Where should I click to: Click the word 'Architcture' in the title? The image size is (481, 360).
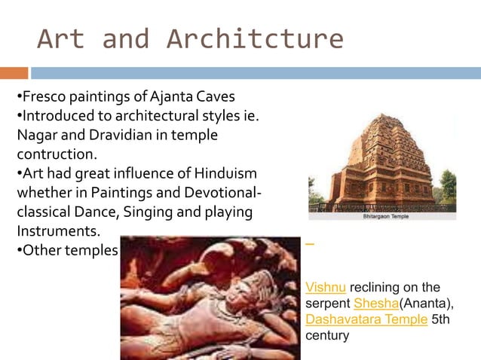click(255, 38)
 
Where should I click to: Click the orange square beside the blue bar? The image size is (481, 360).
click(14, 73)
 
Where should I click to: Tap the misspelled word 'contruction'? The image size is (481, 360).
click(57, 154)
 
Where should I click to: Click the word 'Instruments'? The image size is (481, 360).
click(58, 230)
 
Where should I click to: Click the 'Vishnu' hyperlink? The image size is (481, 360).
click(326, 288)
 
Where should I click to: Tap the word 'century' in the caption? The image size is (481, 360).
click(327, 335)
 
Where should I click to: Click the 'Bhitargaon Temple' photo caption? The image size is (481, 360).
click(382, 215)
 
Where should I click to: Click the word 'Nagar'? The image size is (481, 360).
click(37, 136)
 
